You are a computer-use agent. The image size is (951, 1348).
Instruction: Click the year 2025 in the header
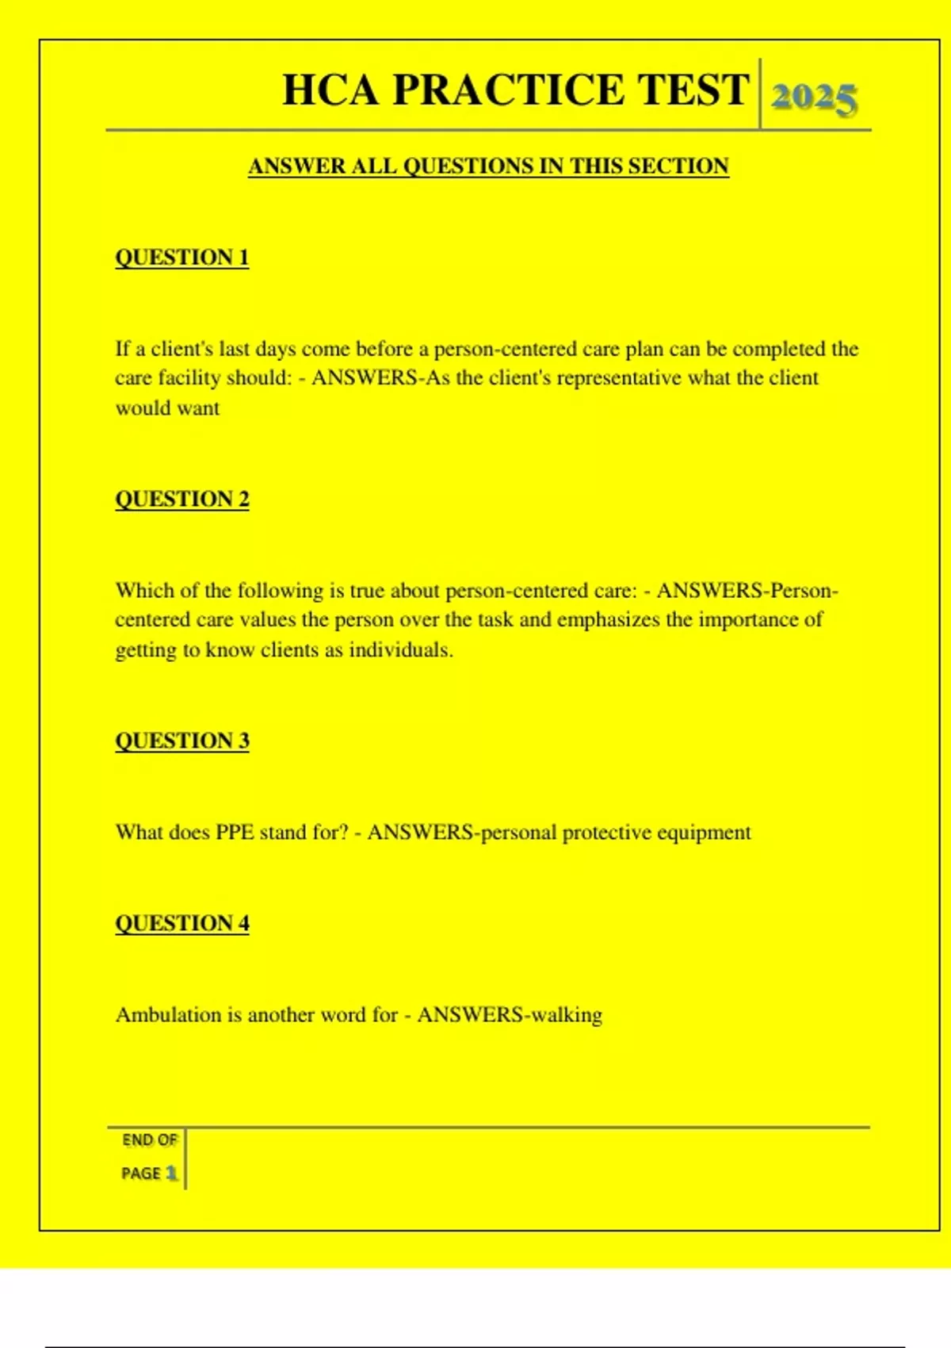tap(814, 98)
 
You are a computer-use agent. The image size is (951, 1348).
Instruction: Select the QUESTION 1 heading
tap(182, 258)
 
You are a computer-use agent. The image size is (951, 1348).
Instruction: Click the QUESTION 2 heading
tap(182, 500)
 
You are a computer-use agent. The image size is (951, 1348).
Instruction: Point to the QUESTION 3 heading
tap(182, 741)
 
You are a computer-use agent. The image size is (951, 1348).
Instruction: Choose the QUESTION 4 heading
tap(182, 924)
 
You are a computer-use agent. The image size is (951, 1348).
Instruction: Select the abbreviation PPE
tap(235, 833)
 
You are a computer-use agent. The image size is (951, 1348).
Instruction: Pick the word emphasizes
tap(609, 620)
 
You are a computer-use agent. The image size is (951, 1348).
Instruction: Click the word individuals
tap(401, 650)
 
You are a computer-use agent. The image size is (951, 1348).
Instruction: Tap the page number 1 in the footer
tap(171, 1173)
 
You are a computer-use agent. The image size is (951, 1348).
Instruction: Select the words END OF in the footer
tap(150, 1140)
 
